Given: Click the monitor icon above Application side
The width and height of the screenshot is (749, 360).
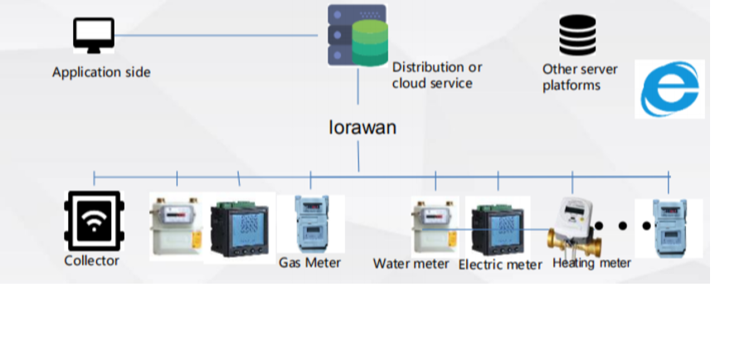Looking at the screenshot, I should pyautogui.click(x=94, y=35).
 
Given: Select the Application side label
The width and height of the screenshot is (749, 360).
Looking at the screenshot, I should pyautogui.click(x=101, y=72).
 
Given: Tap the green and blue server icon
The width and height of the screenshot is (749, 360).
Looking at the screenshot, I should pyautogui.click(x=357, y=35).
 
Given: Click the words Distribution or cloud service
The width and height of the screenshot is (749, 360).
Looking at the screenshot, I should pyautogui.click(x=436, y=75).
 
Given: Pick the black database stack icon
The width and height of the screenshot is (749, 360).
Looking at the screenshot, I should pyautogui.click(x=577, y=35).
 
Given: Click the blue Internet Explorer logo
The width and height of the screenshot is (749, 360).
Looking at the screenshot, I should pyautogui.click(x=670, y=89).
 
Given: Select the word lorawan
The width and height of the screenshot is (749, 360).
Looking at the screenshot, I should pyautogui.click(x=362, y=128).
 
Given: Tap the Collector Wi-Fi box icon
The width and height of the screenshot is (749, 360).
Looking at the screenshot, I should pyautogui.click(x=94, y=221).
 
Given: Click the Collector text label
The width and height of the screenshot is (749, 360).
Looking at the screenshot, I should pyautogui.click(x=91, y=260).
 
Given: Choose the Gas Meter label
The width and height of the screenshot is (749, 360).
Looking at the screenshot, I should pyautogui.click(x=309, y=263).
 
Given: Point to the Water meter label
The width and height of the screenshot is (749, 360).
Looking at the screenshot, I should pyautogui.click(x=411, y=264).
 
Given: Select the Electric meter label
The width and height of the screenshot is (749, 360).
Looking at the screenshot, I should pyautogui.click(x=500, y=265).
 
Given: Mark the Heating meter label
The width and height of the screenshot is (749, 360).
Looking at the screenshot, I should pyautogui.click(x=591, y=263).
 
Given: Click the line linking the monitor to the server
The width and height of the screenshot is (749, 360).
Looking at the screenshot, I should pyautogui.click(x=216, y=36).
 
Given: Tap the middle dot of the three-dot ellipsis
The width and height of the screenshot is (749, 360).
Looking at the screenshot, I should pyautogui.click(x=623, y=225).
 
